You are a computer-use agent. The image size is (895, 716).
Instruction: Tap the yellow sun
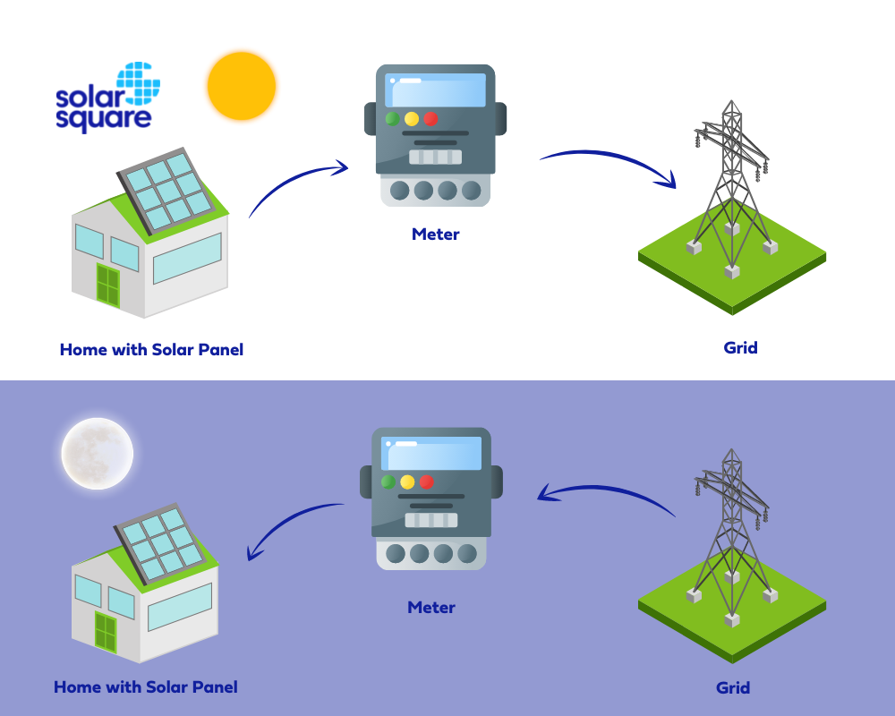coord(241,86)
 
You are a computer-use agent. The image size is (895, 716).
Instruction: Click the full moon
coord(97,453)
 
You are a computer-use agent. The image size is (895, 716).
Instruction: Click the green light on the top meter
coord(392,118)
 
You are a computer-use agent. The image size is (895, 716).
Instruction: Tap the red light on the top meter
coord(430,118)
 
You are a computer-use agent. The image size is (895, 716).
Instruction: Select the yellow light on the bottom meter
coord(407,482)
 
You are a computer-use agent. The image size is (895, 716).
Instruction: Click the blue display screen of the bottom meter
coord(431,454)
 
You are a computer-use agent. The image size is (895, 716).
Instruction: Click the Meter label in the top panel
coord(436,234)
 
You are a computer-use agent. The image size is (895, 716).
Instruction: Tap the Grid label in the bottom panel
coord(733,688)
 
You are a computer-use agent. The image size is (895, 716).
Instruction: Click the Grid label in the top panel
coord(740,347)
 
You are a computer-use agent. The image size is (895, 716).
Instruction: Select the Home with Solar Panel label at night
coord(146,687)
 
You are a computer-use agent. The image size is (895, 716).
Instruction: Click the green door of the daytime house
coord(107,286)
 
